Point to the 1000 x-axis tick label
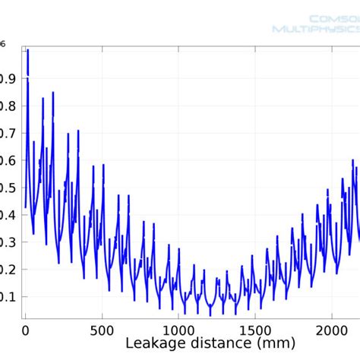[178, 330]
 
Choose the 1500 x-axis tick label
[255, 330]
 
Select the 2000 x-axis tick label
[332, 330]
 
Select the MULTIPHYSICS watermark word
[316, 30]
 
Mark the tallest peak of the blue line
[28, 51]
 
